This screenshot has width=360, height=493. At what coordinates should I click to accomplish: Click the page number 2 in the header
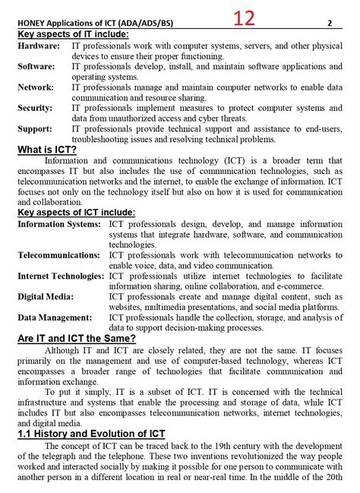pos(330,23)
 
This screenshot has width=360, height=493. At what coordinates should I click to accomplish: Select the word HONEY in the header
pos(33,24)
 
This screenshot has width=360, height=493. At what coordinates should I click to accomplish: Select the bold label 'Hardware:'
pos(39,46)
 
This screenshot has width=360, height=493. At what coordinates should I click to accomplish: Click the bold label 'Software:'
pos(36,67)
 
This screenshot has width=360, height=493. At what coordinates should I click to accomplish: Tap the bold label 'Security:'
pos(36,108)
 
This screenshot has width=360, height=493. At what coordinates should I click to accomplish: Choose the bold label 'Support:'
pos(35,128)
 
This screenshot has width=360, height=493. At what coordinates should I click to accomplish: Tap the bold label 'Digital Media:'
pos(47,296)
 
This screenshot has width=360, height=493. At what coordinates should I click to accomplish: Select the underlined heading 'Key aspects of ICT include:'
pos(77,213)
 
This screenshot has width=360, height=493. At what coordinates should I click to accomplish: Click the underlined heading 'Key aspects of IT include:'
pos(73,34)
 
